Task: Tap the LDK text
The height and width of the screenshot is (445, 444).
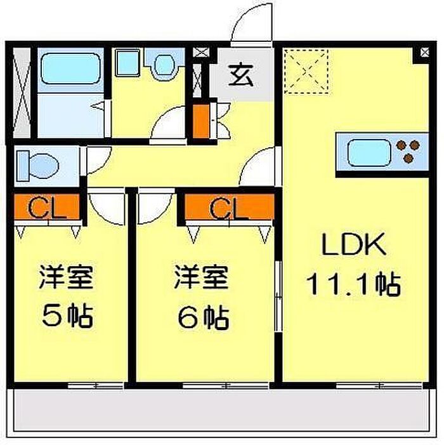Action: click(x=354, y=244)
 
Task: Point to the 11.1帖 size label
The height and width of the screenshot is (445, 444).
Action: click(x=353, y=284)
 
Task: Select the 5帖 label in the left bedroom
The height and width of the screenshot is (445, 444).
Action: click(x=67, y=315)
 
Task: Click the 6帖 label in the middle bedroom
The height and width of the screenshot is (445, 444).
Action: click(x=203, y=316)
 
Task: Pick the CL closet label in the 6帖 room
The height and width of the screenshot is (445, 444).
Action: click(x=228, y=209)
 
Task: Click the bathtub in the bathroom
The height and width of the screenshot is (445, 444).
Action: click(x=70, y=69)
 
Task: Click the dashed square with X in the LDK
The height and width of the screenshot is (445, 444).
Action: click(x=306, y=71)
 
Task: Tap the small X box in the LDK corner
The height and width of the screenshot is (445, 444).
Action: click(x=424, y=52)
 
